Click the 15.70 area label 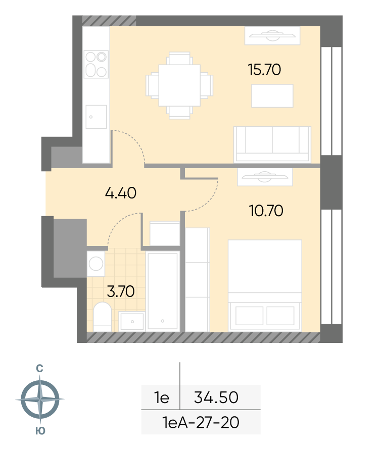coord(264,70)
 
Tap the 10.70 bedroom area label coord(266,211)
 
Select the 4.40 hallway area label coord(121,193)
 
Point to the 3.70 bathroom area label coord(121,291)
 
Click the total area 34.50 coord(216,397)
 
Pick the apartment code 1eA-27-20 coord(201,422)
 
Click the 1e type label coord(162,397)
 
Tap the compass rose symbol coord(40,399)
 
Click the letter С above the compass coord(39,369)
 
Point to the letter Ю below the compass coord(40,431)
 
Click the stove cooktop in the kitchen coord(96,64)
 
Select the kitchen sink coord(96,117)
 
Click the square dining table coord(179,85)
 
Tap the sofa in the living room coord(272,144)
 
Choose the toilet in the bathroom coord(103,317)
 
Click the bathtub coord(163,291)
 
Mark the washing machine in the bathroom coord(96,264)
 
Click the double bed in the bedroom coord(265,286)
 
